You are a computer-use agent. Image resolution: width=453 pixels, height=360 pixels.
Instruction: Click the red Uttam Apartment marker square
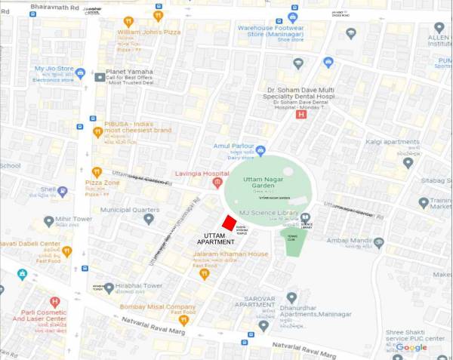tap(228, 223)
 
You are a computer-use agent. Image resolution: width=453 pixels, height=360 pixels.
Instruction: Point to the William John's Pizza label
tap(149, 33)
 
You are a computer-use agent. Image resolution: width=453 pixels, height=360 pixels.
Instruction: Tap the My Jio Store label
tap(54, 68)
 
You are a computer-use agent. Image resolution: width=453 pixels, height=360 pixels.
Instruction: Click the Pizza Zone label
tap(102, 183)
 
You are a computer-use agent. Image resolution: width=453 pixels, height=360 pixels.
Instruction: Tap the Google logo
tap(412, 348)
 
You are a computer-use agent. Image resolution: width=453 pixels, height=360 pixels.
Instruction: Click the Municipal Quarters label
tap(129, 209)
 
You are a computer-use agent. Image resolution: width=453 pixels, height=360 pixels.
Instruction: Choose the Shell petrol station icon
tap(63, 191)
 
